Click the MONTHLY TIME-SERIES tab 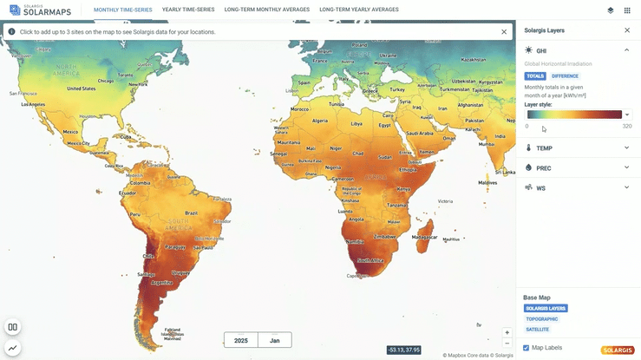click(124, 10)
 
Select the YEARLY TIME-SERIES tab click(187, 10)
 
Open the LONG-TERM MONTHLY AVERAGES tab click(267, 10)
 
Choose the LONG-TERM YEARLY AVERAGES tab click(359, 10)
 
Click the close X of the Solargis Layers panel click(627, 30)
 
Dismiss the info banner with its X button click(504, 31)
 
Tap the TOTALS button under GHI click(535, 76)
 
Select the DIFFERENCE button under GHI click(565, 76)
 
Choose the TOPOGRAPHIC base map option click(542, 319)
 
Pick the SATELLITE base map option click(537, 330)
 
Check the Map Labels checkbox click(527, 348)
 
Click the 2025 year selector click(240, 341)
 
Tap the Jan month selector click(274, 341)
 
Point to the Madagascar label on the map click(424, 237)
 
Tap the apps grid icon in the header click(628, 10)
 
